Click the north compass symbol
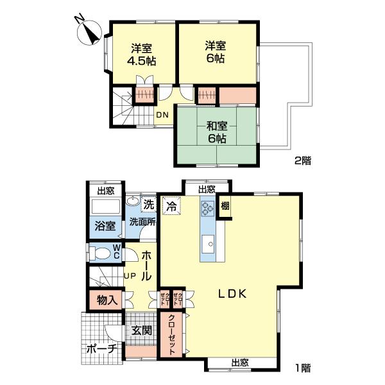point(89,32)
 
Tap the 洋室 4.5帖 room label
point(141,55)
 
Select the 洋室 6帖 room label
point(216,53)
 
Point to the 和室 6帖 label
point(217,132)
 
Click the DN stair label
point(162,115)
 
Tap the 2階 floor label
point(302,161)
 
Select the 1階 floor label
point(303,368)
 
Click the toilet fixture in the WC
point(99,253)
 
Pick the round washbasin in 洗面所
point(133,201)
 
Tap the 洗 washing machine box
point(149,204)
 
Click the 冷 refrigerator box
point(171,206)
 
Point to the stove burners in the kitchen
point(207,209)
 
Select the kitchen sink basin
point(208,244)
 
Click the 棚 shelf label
point(225,206)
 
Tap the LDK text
point(232,294)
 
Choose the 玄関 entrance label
point(142,330)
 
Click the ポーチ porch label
point(101,348)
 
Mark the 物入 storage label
point(107,300)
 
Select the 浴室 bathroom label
point(105,226)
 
